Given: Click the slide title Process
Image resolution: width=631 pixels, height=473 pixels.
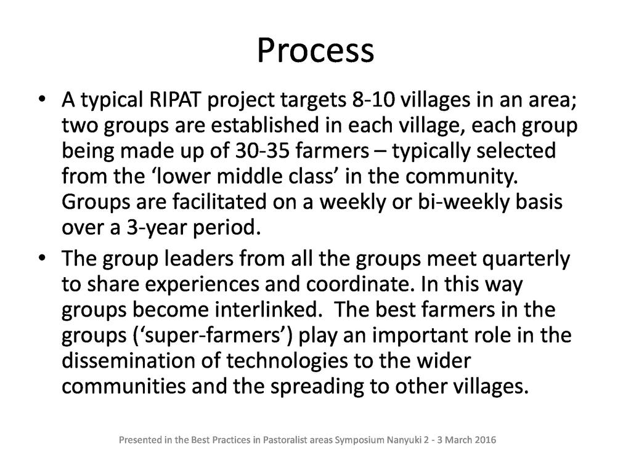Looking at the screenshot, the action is click(315, 51).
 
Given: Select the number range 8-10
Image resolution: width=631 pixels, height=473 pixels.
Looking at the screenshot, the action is click(373, 100).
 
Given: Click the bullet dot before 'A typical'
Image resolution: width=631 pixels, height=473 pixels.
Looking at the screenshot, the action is click(42, 100).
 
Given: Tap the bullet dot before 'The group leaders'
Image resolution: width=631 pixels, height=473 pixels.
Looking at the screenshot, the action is click(42, 258).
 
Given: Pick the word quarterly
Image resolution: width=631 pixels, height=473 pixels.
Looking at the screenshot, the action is click(526, 259).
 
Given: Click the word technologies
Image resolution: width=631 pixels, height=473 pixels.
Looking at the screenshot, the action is click(287, 361).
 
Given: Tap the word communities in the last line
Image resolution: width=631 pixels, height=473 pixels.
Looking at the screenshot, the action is click(123, 386).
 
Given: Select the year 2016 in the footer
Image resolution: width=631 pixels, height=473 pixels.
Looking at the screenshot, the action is click(486, 440).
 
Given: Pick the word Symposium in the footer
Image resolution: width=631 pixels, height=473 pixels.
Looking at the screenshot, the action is click(360, 440).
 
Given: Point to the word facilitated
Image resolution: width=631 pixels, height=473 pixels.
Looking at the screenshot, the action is click(220, 201).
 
